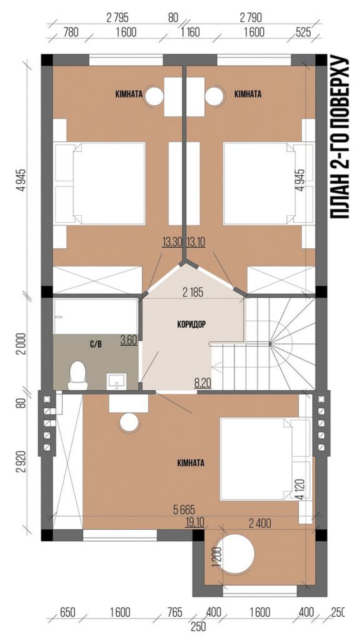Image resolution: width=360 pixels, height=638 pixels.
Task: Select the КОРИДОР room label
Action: click(x=191, y=324)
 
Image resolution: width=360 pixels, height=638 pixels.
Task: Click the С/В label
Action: click(x=95, y=344)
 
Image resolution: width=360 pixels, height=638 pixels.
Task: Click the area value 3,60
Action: click(x=129, y=340)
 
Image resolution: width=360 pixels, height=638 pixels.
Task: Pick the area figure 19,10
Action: click(x=195, y=522)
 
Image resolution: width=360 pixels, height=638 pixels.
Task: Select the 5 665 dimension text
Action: click(x=184, y=510)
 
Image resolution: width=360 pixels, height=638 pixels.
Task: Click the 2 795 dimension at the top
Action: click(x=117, y=17)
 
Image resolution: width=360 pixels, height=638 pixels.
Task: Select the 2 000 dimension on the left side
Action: click(x=22, y=344)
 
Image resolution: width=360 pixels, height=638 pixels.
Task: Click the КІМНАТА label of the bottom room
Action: click(x=191, y=463)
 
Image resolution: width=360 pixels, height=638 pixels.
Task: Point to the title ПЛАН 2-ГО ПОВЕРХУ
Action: click(x=340, y=137)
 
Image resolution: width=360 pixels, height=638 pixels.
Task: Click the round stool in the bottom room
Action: click(x=129, y=422)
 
